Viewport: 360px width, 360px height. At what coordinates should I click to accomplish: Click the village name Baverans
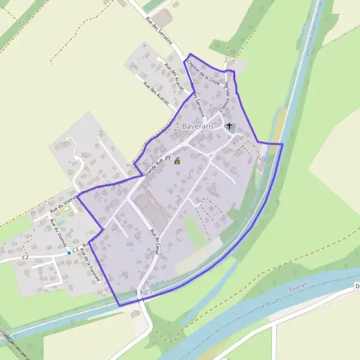[x=197, y=127]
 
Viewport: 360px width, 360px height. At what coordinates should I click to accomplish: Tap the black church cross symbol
[x=229, y=127]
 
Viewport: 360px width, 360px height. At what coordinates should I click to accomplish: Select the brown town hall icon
[x=177, y=161]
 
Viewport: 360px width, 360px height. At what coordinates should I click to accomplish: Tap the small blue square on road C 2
[x=70, y=253]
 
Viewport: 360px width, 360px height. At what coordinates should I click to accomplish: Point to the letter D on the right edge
[x=357, y=286]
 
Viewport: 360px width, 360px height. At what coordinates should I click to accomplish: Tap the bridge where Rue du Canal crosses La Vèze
[x=140, y=294]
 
